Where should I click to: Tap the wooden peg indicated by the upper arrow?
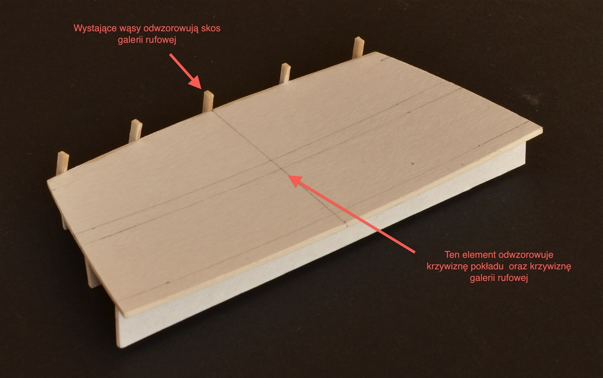(x=208, y=101)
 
